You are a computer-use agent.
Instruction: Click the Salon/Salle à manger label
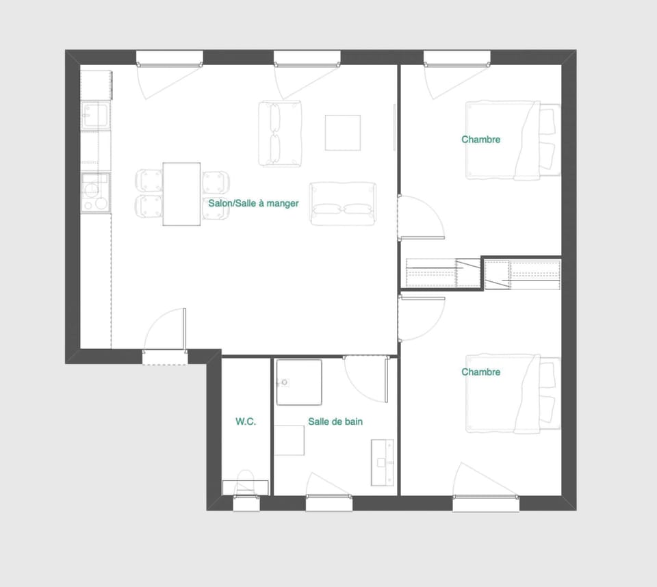(x=253, y=203)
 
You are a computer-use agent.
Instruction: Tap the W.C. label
(x=246, y=422)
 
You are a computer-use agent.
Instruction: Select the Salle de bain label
(x=335, y=422)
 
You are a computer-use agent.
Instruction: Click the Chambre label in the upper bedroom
(x=480, y=140)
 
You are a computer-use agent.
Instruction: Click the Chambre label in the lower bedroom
(x=480, y=372)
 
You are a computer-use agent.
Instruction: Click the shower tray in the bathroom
(x=299, y=382)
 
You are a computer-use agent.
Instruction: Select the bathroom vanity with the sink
(x=383, y=462)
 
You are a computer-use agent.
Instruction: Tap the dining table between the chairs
(x=181, y=194)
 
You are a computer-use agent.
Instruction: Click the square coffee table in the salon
(x=342, y=133)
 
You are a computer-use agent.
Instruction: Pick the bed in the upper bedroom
(x=512, y=140)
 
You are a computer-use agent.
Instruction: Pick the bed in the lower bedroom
(x=512, y=393)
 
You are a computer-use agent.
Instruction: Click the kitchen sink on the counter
(x=95, y=116)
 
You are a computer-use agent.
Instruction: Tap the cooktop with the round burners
(x=95, y=192)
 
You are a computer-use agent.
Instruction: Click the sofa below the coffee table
(x=343, y=203)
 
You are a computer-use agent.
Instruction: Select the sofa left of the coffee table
(x=280, y=133)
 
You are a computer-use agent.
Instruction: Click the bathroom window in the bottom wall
(x=329, y=504)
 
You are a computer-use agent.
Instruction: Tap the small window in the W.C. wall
(x=246, y=504)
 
